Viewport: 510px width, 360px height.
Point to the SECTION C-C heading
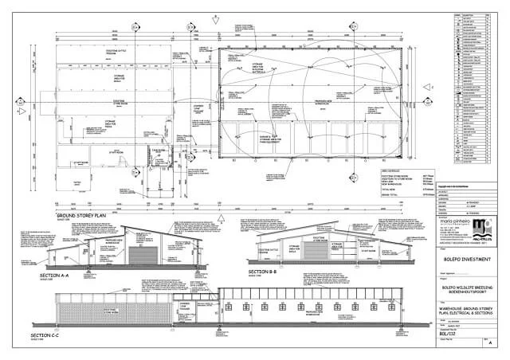point(49,337)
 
